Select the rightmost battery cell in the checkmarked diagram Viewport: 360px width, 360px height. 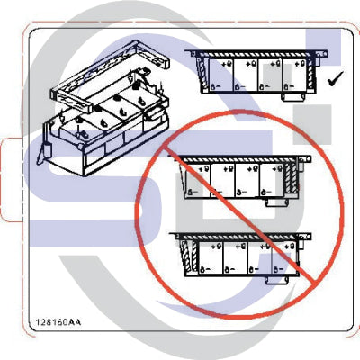(295, 76)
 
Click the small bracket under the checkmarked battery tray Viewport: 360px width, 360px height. (294, 94)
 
